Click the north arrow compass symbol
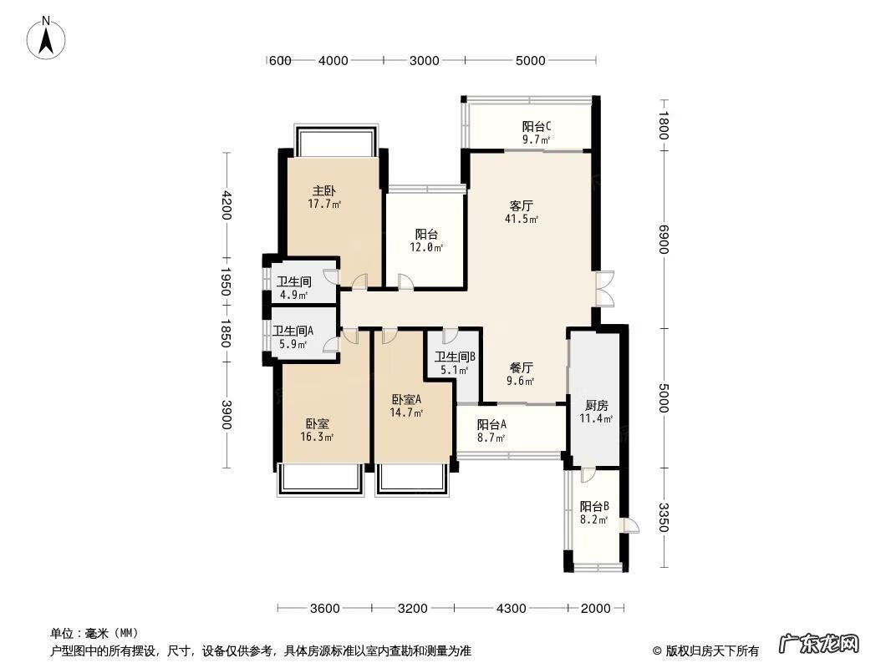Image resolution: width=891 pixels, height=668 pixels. [46, 38]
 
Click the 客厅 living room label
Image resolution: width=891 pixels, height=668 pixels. [521, 205]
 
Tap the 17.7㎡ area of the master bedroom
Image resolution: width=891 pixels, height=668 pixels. [324, 204]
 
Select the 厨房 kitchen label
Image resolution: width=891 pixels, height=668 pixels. [597, 405]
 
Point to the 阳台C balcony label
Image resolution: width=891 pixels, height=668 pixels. [537, 126]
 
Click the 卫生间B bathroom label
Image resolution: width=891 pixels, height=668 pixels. [455, 357]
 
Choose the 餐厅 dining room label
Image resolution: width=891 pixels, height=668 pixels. [521, 367]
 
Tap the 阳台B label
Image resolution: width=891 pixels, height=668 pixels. [594, 506]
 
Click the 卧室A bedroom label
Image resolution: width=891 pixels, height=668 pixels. [406, 400]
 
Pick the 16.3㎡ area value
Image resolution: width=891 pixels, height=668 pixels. [317, 437]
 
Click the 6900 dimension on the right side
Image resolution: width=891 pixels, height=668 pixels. [664, 240]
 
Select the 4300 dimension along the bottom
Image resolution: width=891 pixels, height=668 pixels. [511, 609]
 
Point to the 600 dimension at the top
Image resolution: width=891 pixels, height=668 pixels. [279, 61]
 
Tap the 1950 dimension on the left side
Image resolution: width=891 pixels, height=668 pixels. [226, 282]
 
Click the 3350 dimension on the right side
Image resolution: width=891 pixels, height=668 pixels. [664, 518]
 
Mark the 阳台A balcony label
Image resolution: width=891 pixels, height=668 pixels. [491, 424]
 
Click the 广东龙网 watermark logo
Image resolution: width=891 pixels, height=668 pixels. [819, 644]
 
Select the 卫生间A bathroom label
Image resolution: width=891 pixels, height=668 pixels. [293, 331]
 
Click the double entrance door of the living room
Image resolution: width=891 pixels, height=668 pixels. [605, 289]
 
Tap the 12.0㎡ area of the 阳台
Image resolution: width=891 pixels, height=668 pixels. [426, 247]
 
